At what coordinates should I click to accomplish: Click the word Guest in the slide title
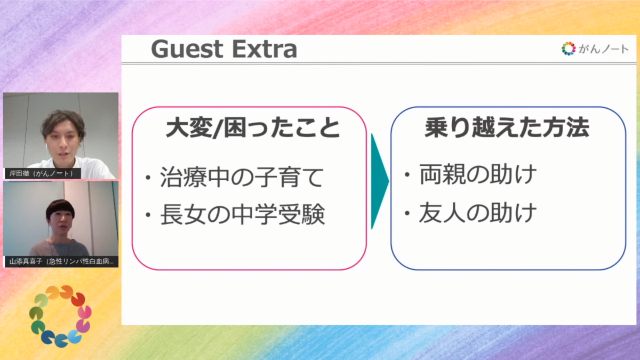(x=187, y=49)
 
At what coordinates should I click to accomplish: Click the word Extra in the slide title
(x=265, y=49)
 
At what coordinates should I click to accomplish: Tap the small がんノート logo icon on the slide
(x=569, y=49)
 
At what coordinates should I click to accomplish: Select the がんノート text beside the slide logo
(x=603, y=49)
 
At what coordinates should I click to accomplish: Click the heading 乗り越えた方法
(x=507, y=127)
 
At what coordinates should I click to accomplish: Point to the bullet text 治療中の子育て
(x=242, y=177)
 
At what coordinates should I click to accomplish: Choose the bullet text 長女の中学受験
(x=242, y=214)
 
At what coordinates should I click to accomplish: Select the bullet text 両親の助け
(x=478, y=174)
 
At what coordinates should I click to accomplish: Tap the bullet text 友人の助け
(x=477, y=213)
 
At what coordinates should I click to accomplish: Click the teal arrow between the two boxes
(x=379, y=181)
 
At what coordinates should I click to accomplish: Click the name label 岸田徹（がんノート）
(x=42, y=173)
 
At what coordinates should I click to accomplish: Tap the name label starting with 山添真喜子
(x=61, y=261)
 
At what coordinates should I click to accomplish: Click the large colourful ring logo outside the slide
(x=60, y=316)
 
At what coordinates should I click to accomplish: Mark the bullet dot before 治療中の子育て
(x=148, y=178)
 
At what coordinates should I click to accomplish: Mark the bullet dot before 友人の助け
(x=407, y=213)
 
